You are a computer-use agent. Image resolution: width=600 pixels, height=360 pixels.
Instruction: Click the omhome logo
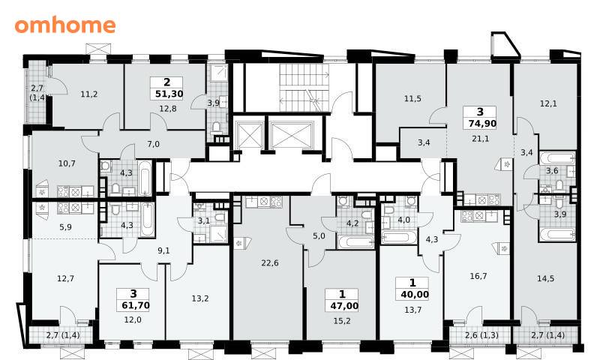pos(65,25)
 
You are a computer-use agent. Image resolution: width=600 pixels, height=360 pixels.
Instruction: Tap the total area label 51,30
pos(169,94)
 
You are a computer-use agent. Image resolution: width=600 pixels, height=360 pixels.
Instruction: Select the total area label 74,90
pos(482,124)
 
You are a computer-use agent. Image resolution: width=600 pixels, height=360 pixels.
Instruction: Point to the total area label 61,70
pos(136,305)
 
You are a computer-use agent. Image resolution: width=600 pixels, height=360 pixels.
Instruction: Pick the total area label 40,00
pos(415,295)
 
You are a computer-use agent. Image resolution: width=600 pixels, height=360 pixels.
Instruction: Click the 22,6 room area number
pos(270,262)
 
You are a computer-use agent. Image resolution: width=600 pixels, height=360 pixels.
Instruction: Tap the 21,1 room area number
pos(480,139)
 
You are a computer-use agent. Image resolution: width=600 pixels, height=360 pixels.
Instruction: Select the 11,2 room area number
pos(88,94)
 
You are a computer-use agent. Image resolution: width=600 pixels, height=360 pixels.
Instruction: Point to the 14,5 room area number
pos(545,278)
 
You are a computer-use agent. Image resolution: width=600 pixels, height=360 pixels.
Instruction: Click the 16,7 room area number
pos(478,276)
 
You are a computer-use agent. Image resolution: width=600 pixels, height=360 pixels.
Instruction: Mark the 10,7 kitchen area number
pos(67,163)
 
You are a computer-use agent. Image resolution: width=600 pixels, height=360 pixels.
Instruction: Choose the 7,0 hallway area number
pos(153,144)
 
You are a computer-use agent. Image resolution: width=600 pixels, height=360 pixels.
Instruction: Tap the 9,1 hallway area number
pos(163,251)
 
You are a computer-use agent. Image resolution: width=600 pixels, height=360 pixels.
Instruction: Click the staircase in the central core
pos(304,88)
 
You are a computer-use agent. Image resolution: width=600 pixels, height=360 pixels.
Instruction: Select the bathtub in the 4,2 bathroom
pos(355,241)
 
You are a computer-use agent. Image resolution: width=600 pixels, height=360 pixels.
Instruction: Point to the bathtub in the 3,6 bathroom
pos(556,158)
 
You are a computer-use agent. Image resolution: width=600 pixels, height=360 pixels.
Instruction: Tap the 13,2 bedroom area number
pos(200,298)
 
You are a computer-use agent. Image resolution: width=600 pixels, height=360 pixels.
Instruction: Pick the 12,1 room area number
pos(548,103)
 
